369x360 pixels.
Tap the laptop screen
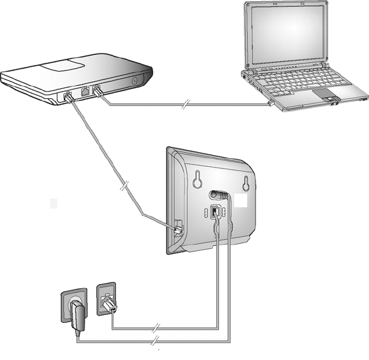287,35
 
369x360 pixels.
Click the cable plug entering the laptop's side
271,103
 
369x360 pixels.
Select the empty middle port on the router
84,92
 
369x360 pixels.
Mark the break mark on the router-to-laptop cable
185,106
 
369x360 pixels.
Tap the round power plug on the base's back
217,194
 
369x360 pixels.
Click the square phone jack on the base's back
215,212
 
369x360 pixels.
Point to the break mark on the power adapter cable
156,342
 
